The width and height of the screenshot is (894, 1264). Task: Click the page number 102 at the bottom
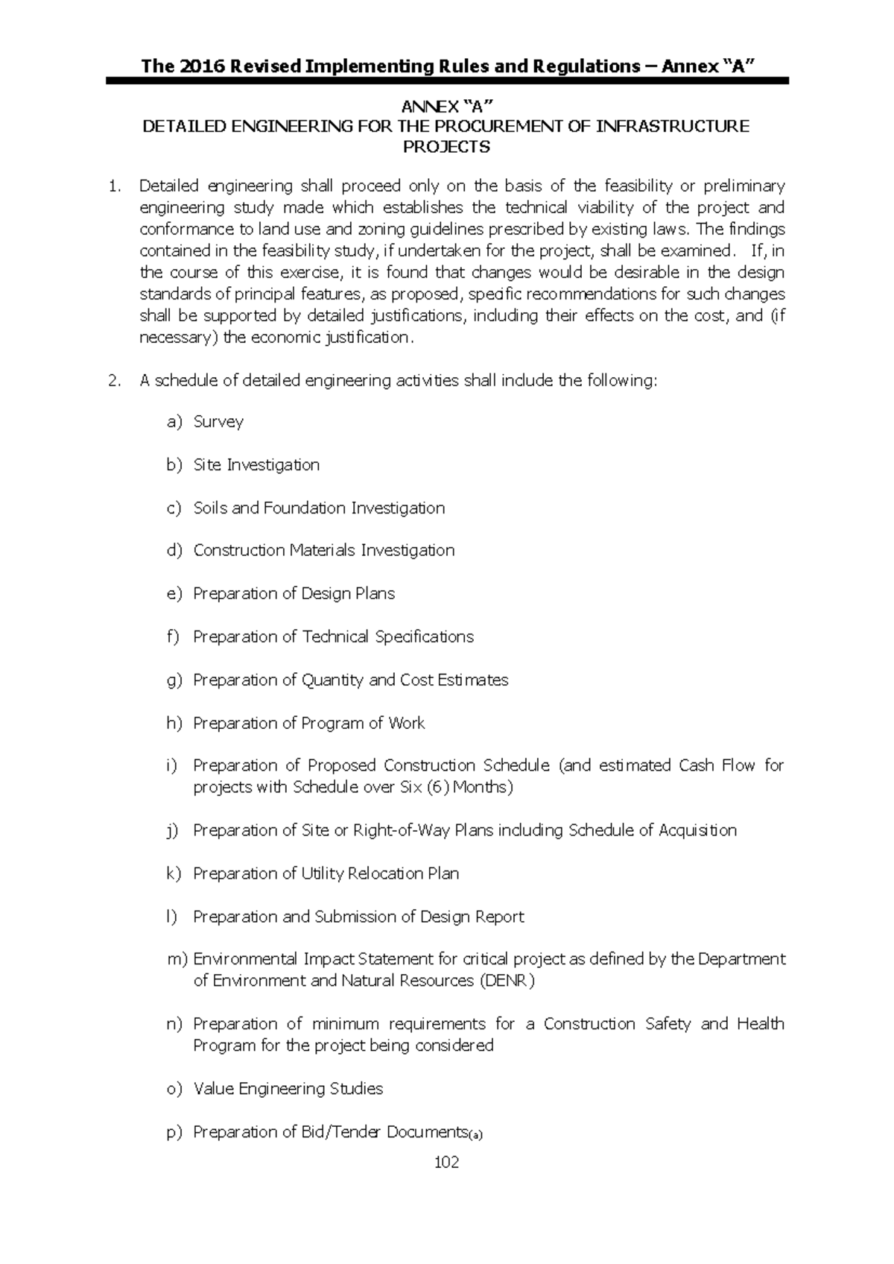tap(446, 1162)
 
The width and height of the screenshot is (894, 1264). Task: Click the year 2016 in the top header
tap(197, 66)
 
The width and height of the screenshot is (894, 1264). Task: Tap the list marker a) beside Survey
tap(174, 422)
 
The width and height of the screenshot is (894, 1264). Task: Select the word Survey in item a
tap(218, 422)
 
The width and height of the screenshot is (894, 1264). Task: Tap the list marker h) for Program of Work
tap(174, 723)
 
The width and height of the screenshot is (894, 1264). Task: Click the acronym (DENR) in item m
tap(507, 981)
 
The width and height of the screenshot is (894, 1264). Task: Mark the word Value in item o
tap(214, 1089)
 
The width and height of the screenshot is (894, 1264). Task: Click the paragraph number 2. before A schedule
tap(114, 381)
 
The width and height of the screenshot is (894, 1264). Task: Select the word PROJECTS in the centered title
tap(446, 147)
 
